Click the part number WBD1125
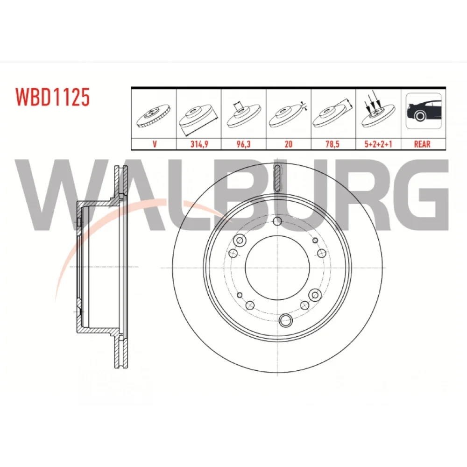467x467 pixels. [52, 97]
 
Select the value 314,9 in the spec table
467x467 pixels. [199, 144]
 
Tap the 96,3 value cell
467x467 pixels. [243, 144]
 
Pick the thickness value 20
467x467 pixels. [288, 144]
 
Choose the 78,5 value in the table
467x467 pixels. [332, 144]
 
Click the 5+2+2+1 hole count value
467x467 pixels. [378, 144]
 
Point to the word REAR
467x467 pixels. [422, 144]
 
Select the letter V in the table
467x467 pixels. [154, 144]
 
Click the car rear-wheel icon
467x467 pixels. [423, 111]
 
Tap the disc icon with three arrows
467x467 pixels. [378, 113]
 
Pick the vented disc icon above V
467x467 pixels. [154, 115]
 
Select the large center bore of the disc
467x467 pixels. [277, 268]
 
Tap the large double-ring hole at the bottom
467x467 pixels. [286, 320]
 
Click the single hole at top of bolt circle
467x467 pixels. [277, 221]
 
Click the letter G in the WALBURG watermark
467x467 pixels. [417, 195]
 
